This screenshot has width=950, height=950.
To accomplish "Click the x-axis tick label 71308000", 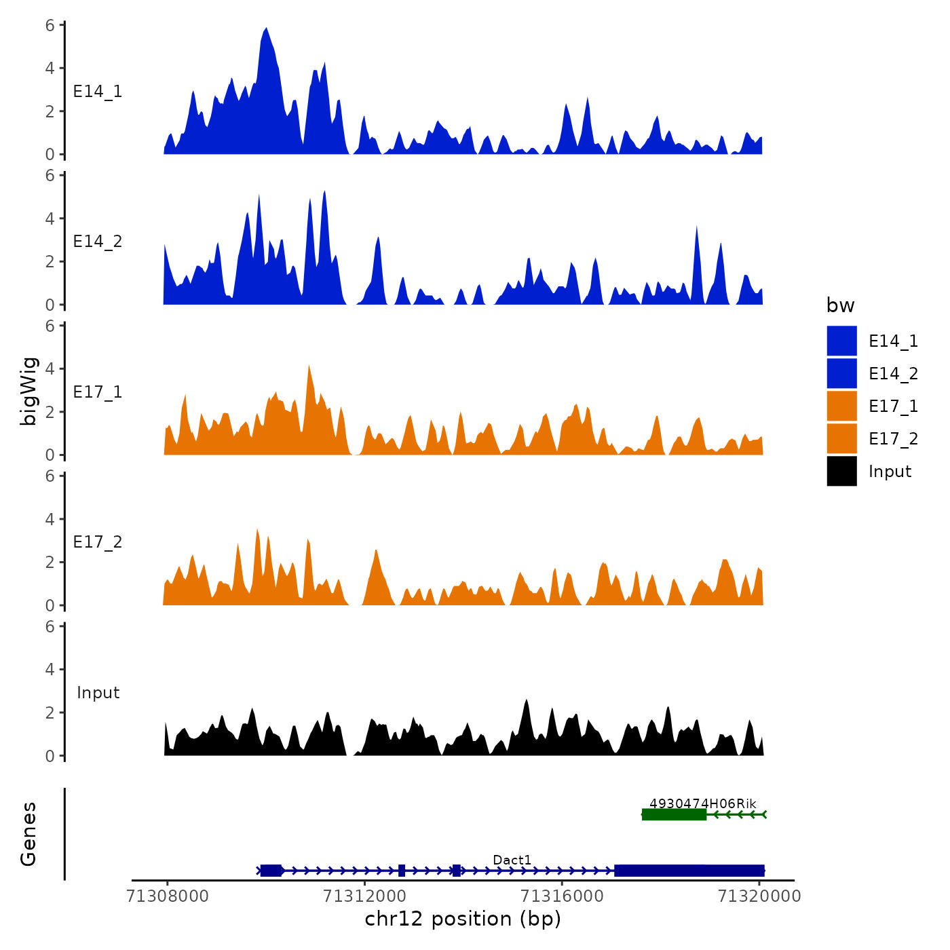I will click(168, 896).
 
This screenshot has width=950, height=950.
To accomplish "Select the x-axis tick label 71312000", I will click(365, 896).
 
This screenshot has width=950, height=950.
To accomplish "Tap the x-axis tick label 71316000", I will click(562, 896).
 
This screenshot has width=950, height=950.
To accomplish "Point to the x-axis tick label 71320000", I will click(759, 896).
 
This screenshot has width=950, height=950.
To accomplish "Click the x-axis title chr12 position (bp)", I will click(463, 919).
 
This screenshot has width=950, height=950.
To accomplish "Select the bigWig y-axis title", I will click(28, 391).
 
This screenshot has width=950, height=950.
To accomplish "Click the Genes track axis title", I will click(28, 834).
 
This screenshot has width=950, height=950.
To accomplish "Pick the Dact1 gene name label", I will click(512, 860).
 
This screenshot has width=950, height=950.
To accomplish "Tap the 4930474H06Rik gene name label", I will click(702, 803).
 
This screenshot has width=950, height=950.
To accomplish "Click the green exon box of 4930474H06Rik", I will click(674, 814).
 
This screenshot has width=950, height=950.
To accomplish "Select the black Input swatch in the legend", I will click(841, 471).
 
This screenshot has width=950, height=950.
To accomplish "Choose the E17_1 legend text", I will click(893, 406).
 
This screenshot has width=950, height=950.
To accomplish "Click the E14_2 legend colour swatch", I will click(841, 373).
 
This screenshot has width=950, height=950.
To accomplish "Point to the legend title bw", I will click(840, 305).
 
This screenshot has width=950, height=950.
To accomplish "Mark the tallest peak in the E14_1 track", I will click(266, 28).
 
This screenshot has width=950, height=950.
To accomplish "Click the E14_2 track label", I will click(98, 242).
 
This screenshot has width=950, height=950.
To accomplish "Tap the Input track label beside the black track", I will click(98, 693).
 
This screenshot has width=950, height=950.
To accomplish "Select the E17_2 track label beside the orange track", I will click(98, 542).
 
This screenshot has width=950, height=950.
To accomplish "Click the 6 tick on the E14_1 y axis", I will click(50, 25).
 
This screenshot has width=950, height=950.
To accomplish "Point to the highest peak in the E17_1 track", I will click(309, 366).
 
